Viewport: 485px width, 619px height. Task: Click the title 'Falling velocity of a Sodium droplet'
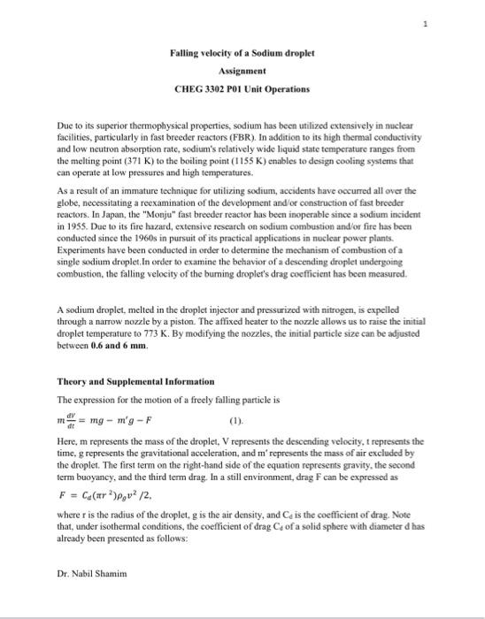coord(242,53)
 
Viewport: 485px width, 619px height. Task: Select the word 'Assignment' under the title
coord(242,71)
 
